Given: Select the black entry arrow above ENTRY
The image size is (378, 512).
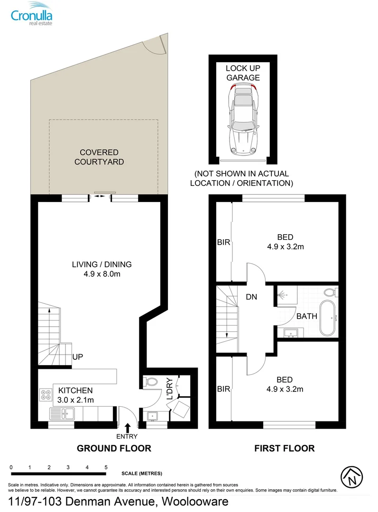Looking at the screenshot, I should pos(128,427).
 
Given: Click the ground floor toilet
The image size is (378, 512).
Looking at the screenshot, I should pos(150,381).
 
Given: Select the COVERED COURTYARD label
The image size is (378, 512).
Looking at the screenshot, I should pos(99,157).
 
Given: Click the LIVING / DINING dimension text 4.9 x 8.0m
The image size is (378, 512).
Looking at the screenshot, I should pos(101,274).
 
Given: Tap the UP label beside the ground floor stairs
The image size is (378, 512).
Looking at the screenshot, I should pos(78,357).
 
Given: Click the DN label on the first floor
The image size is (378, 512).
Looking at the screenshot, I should pos(251,297).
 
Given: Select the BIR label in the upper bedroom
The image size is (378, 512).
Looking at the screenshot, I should pos(223,242).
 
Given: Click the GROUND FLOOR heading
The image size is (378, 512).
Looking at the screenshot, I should pos(114,448).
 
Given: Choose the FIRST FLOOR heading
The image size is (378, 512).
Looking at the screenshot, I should pos(284,448).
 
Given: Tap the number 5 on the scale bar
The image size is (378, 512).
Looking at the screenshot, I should pos(106,467).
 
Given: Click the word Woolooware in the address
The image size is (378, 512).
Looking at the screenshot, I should pos(195,502).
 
